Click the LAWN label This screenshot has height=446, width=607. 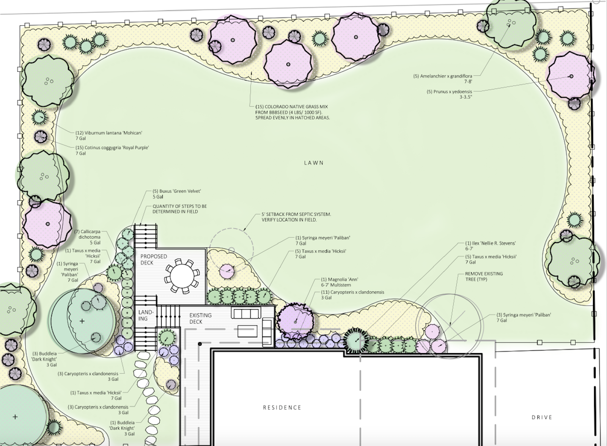click(x=314, y=163)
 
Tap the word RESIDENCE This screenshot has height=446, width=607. click(x=282, y=407)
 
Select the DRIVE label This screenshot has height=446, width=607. click(x=542, y=417)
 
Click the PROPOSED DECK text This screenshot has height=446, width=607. click(x=154, y=259)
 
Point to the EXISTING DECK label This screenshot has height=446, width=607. click(x=201, y=318)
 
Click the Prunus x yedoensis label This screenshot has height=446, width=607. click(x=450, y=94)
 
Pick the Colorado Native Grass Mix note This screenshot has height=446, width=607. click(x=292, y=112)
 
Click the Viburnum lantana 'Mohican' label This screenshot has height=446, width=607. click(x=109, y=135)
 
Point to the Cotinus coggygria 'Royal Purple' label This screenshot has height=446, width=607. click(x=112, y=150)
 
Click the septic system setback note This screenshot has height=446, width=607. click(x=296, y=217)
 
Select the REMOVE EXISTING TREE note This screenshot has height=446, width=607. click(x=484, y=276)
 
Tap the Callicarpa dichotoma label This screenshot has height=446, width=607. click(x=90, y=237)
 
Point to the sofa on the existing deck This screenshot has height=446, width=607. click(x=247, y=313)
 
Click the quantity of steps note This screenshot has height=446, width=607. click(x=179, y=209)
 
